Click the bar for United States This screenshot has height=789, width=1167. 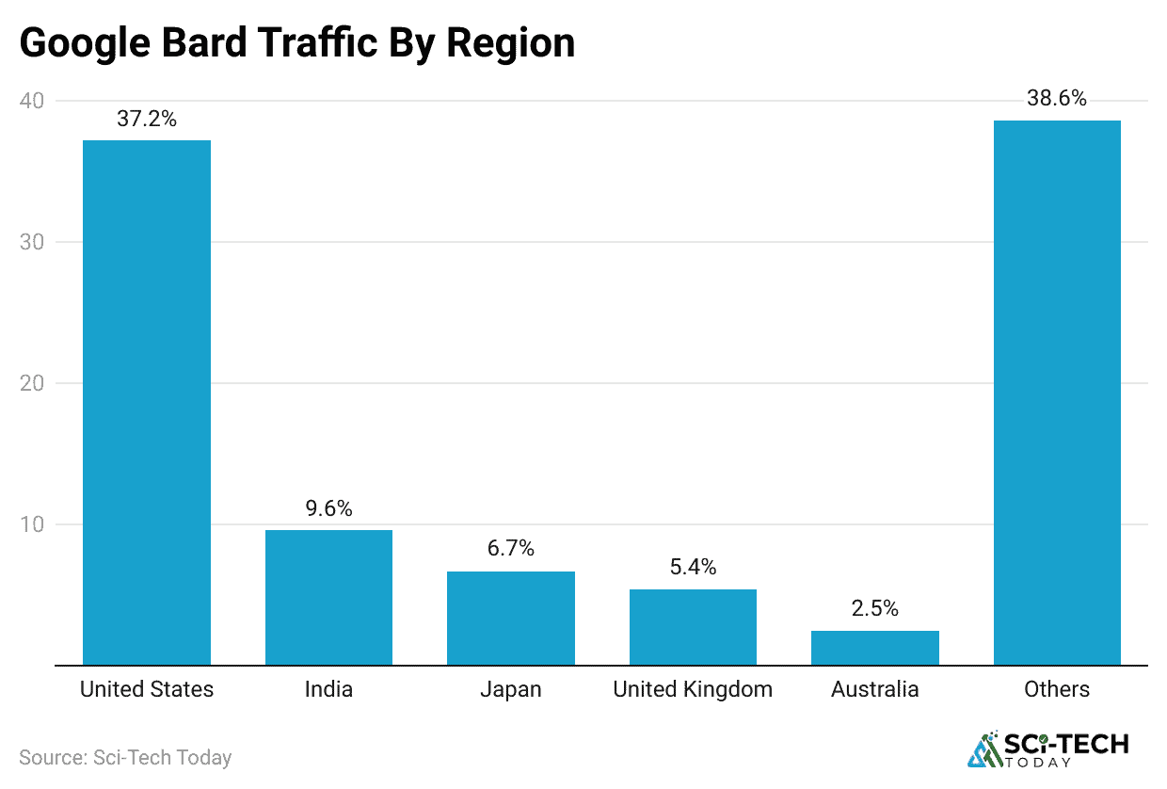[x=147, y=403]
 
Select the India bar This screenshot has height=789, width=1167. [x=328, y=598]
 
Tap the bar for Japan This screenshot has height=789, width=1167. [x=510, y=619]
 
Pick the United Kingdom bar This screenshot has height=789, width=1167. [x=693, y=627]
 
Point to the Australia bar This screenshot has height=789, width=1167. [x=874, y=648]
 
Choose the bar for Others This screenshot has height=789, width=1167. [x=1057, y=393]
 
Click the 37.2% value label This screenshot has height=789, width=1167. [x=147, y=119]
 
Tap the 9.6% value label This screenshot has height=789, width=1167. [x=328, y=509]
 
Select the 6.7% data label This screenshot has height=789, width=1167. [x=510, y=549]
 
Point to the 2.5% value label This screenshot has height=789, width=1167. [x=874, y=609]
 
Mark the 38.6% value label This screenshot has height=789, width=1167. [x=1057, y=99]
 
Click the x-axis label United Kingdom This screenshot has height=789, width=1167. [x=693, y=689]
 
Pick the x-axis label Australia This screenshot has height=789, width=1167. [x=874, y=689]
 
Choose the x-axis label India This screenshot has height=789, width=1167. [x=328, y=689]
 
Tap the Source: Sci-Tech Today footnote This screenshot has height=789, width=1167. [x=125, y=757]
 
